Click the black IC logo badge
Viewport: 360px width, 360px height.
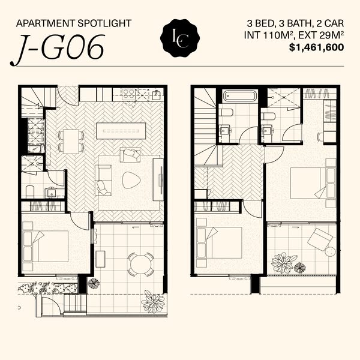180,38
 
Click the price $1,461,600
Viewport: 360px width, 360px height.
316,47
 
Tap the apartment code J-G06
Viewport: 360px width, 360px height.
58,50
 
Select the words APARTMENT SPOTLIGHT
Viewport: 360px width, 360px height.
74,23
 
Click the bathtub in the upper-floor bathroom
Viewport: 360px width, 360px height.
239,95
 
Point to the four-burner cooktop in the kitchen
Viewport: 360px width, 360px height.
128,94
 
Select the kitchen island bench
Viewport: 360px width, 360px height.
121,131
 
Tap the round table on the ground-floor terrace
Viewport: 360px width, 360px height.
140,264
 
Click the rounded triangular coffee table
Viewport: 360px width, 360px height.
131,180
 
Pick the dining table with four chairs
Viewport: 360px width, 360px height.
71,142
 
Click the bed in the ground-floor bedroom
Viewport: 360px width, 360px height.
46,246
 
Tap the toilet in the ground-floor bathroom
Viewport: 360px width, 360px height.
30,192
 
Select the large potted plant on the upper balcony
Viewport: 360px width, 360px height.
282,263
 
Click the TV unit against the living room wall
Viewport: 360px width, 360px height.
158,179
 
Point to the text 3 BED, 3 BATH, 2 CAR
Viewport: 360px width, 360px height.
295,23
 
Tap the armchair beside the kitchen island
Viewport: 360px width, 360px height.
130,154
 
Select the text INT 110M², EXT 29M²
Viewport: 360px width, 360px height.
294,35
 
